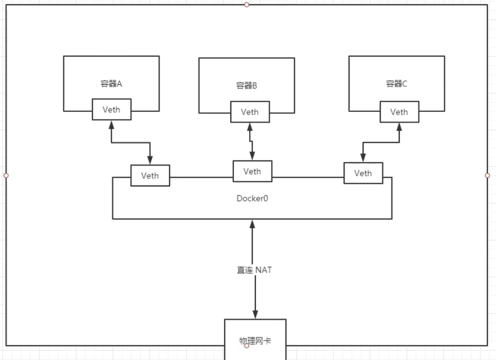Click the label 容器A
(111, 84)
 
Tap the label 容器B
(247, 86)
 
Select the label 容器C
(396, 84)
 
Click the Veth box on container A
(111, 110)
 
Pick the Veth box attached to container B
(249, 112)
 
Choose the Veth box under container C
(399, 112)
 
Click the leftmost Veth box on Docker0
(150, 175)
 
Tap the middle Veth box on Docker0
(252, 171)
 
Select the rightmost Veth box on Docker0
(363, 173)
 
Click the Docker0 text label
(252, 199)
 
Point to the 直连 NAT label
(255, 270)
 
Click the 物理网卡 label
(255, 340)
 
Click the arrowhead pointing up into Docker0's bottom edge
(252, 224)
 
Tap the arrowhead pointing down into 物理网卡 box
(255, 314)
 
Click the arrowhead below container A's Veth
(111, 125)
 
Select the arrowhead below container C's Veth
(399, 127)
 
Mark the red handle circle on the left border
(6, 175)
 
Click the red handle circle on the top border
(247, 4)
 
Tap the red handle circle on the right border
(487, 175)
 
